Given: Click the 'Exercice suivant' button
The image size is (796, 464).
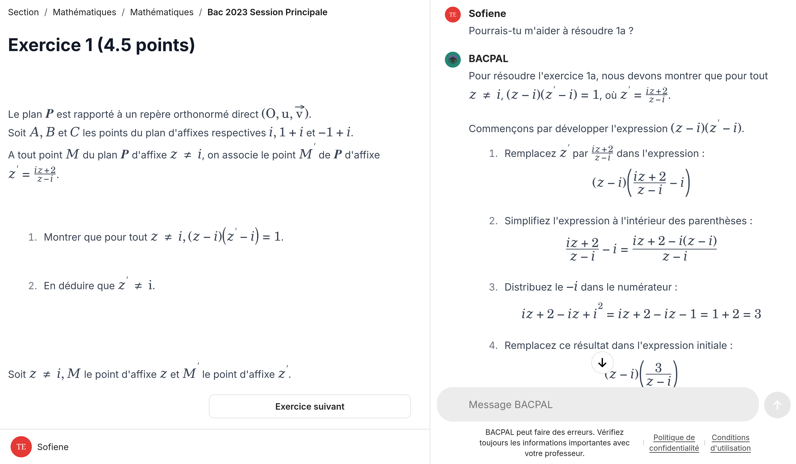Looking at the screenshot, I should tap(310, 406).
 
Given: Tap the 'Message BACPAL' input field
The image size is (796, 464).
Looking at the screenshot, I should tap(597, 404).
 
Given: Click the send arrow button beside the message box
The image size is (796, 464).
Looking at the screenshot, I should tap(777, 405).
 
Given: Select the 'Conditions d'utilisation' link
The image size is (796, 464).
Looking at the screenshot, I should tap(730, 443).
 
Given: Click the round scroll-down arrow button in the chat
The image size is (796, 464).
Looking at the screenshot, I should tap(602, 363).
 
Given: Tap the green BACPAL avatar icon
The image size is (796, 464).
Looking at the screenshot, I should tap(453, 59).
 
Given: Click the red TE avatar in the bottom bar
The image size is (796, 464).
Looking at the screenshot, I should tap(21, 447).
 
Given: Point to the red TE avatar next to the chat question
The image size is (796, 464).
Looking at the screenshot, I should tap(453, 15).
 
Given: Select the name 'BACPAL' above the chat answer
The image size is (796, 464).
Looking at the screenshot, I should tap(488, 59).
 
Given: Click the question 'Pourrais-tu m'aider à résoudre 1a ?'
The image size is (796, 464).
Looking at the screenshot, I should tap(551, 31).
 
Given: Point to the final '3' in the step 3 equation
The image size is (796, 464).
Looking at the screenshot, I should tap(758, 314).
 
